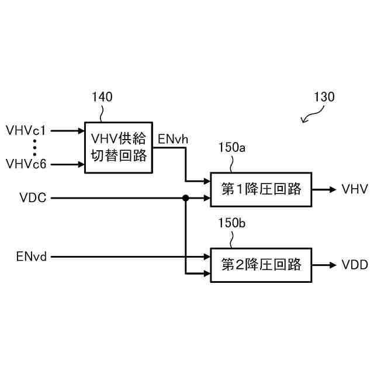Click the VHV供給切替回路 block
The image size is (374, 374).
pyautogui.click(x=119, y=147)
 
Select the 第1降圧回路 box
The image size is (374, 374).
pyautogui.click(x=261, y=189)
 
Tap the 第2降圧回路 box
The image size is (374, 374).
pyautogui.click(x=261, y=265)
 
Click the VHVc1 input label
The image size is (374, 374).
pyautogui.click(x=26, y=130)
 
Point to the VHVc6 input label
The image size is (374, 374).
pyautogui.click(x=26, y=164)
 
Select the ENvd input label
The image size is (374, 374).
pyautogui.click(x=31, y=256)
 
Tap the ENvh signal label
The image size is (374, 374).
pyautogui.click(x=173, y=139)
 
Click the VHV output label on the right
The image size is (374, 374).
pyautogui.click(x=355, y=189)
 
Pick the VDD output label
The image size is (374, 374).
pyautogui.click(x=355, y=265)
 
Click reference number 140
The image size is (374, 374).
pyautogui.click(x=102, y=98)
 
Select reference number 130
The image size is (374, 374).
pyautogui.click(x=324, y=98)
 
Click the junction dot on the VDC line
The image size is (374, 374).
pyautogui.click(x=186, y=198)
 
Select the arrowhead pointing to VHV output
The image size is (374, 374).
pyautogui.click(x=331, y=189)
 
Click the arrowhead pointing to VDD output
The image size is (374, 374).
pyautogui.click(x=331, y=265)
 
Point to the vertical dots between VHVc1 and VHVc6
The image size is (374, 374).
pyautogui.click(x=36, y=147)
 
